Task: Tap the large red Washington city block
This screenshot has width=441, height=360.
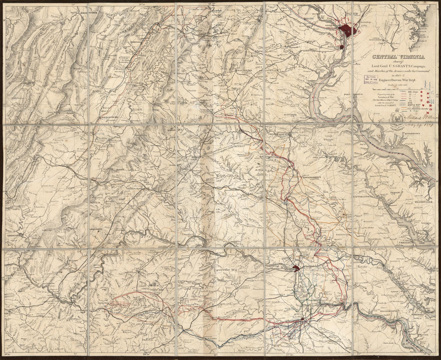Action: tap(346, 30)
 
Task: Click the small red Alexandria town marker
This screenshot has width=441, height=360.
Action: tap(341, 47)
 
